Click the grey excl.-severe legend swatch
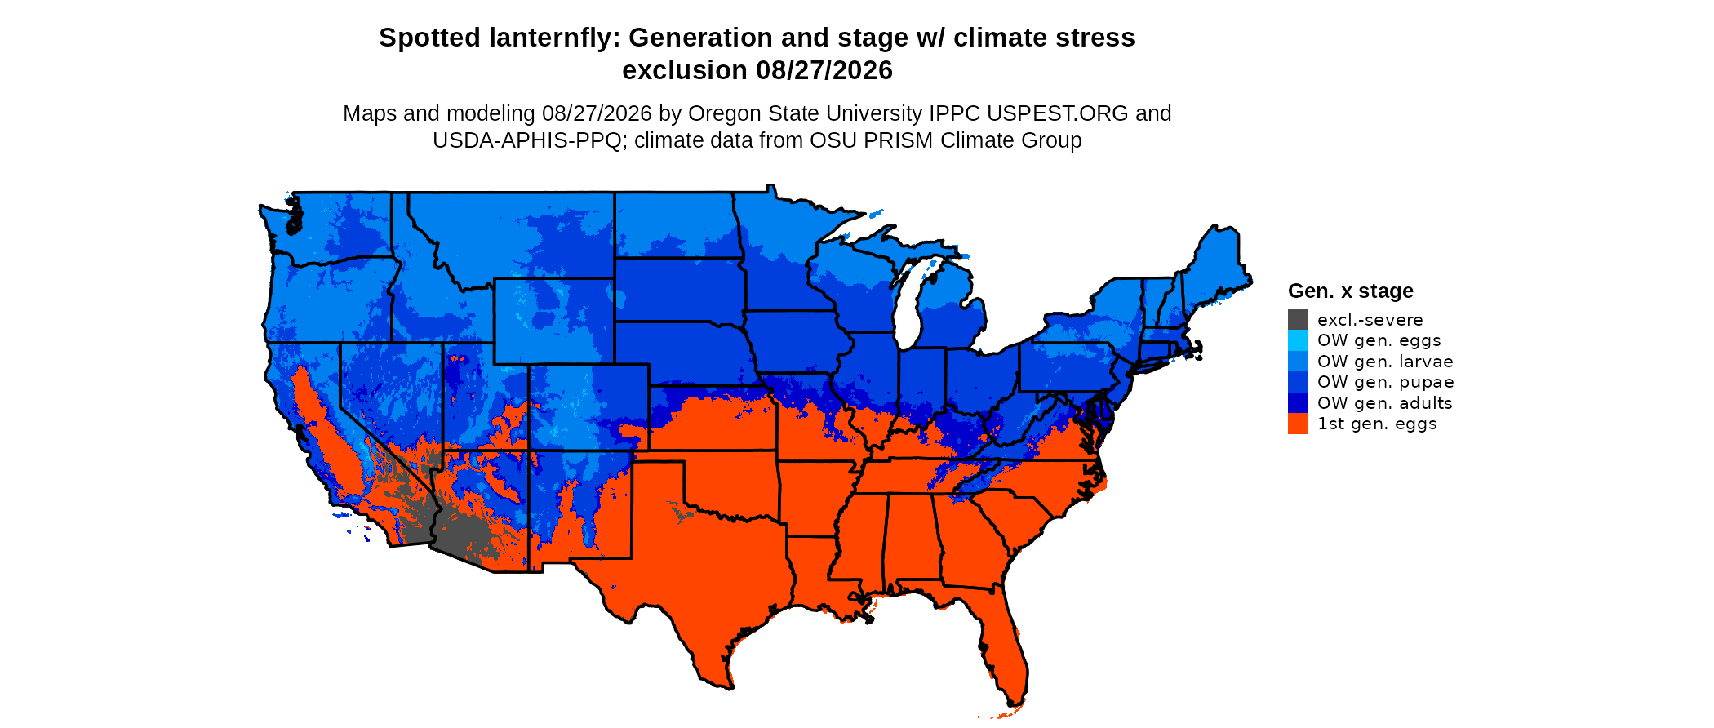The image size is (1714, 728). click(x=1298, y=319)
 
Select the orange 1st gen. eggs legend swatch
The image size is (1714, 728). click(x=1298, y=424)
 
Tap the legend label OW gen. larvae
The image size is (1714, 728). click(x=1385, y=361)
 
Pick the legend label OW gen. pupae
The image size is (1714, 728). click(x=1385, y=382)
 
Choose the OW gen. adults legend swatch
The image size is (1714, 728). click(x=1298, y=402)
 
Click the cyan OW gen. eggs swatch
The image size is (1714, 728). click(x=1298, y=340)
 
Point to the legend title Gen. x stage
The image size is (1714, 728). click(x=1351, y=291)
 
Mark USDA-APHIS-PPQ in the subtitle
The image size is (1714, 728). click(x=527, y=140)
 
